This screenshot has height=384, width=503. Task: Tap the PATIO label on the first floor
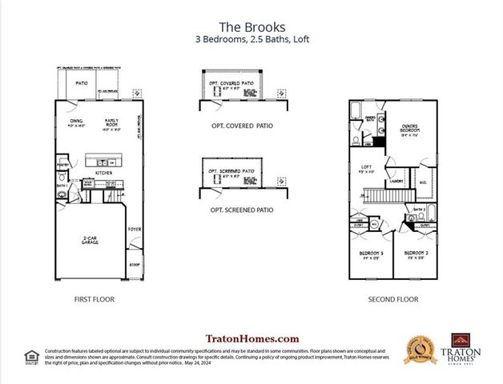81,82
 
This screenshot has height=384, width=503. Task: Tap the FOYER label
135,229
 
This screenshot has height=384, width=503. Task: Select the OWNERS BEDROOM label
410,128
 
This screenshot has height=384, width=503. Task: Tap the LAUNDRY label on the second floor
396,181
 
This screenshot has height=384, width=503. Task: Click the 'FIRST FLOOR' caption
94,299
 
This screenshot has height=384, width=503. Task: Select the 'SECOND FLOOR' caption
393,299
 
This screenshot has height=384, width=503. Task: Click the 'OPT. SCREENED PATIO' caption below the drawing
240,210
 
